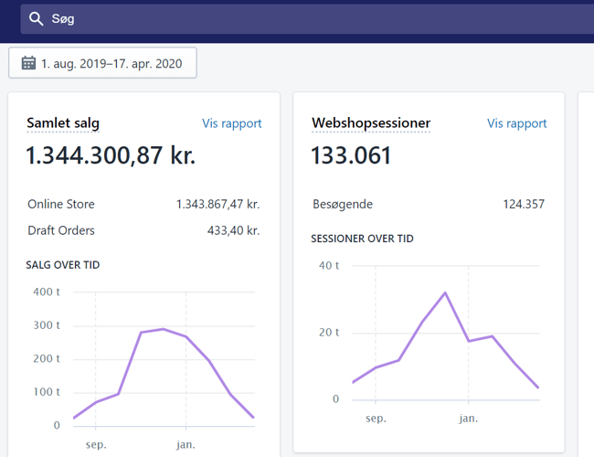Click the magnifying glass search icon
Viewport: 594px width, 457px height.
(x=37, y=19)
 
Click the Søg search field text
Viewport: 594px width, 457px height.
(x=63, y=19)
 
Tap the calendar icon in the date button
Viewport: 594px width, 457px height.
(x=28, y=63)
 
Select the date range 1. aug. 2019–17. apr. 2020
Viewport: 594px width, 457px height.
(x=111, y=63)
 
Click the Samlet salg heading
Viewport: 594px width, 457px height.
(x=63, y=123)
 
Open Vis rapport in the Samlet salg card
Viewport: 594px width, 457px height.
(x=231, y=123)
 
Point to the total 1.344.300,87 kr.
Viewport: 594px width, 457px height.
(x=110, y=155)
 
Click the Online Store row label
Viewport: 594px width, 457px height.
(x=61, y=204)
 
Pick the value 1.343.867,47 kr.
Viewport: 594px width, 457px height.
(x=217, y=204)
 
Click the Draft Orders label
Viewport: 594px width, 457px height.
(x=61, y=230)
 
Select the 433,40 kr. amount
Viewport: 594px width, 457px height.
(x=233, y=230)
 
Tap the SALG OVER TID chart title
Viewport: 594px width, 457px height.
(x=63, y=265)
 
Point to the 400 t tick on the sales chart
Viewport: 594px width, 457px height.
(x=46, y=292)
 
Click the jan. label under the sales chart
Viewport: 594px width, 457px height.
(x=186, y=445)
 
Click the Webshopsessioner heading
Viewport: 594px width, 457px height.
(x=370, y=123)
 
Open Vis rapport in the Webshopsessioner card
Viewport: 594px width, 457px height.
(x=516, y=123)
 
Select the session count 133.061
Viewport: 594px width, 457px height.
(x=351, y=155)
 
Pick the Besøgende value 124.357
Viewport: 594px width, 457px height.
(x=524, y=204)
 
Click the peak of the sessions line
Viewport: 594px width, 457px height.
(x=445, y=292)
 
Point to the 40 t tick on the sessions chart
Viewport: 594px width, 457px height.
(x=329, y=266)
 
